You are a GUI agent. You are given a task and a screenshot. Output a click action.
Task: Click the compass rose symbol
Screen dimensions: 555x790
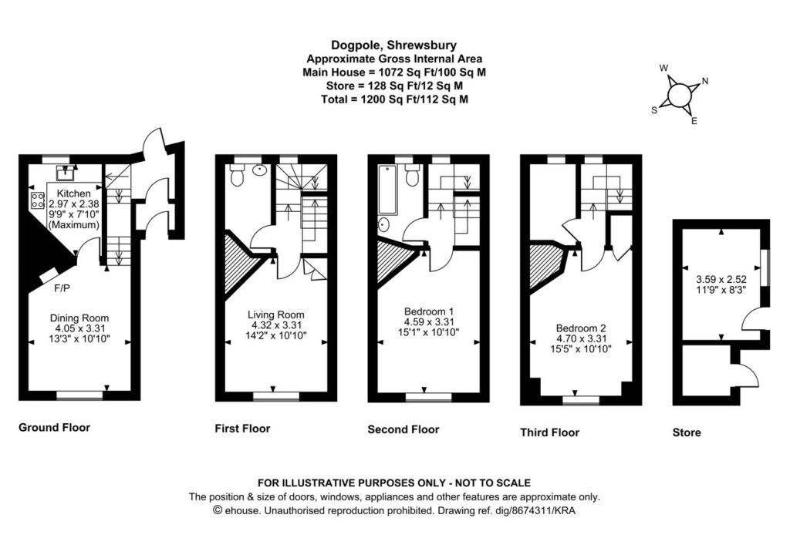point(678,95)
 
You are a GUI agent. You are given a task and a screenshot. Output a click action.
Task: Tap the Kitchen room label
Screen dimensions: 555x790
point(75,193)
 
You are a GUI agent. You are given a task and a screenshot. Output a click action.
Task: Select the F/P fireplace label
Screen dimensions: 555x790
point(62,290)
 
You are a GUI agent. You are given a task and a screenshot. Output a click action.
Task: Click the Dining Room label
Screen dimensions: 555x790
point(79,318)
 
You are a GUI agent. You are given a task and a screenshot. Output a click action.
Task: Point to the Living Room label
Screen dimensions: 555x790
point(275,314)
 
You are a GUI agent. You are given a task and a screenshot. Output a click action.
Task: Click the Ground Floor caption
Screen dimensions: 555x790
point(54,427)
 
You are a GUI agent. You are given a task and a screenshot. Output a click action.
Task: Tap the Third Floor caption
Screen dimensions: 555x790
point(549,432)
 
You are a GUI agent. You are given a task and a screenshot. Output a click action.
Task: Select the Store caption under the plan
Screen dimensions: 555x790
point(687,432)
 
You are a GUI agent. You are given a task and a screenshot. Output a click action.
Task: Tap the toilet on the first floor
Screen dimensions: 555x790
point(238,177)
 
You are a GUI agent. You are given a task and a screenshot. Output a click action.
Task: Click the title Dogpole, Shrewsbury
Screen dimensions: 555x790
point(395,45)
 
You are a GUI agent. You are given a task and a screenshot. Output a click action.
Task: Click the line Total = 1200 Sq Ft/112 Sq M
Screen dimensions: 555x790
point(395,99)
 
